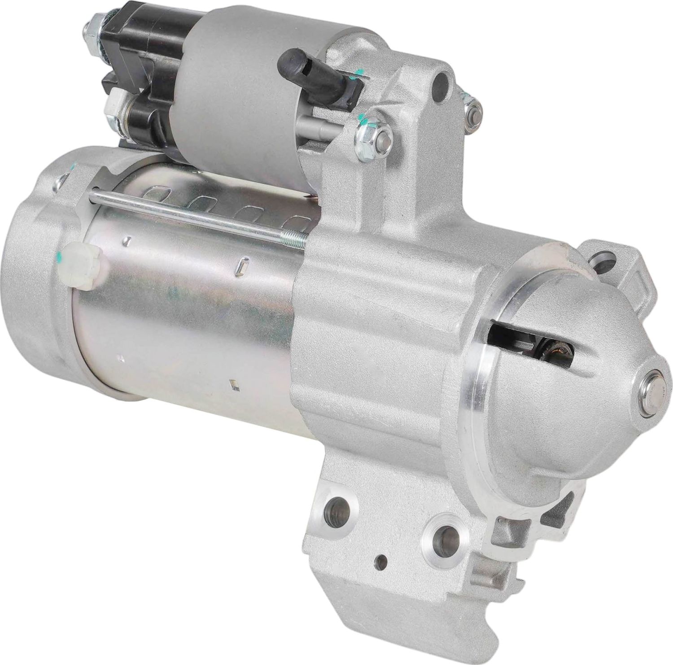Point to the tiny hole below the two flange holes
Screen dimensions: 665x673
[382, 561]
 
